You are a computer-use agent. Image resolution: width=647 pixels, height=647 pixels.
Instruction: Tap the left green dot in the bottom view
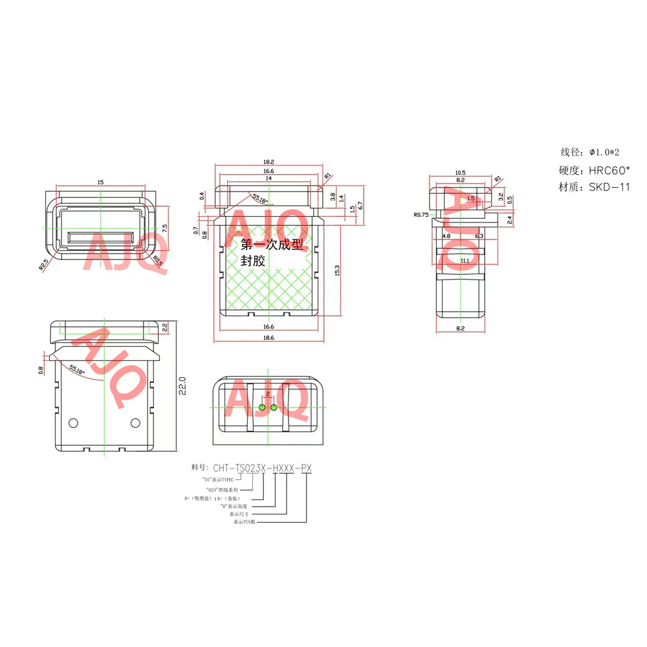[x=261, y=407]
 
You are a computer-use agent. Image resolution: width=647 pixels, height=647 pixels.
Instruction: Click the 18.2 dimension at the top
[x=269, y=162]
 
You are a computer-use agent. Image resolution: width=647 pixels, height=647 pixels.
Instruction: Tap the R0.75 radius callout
[x=421, y=214]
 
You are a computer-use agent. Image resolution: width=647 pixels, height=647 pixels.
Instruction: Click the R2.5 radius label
[x=44, y=265]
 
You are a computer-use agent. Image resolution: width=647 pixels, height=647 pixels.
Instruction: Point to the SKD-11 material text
[x=609, y=187]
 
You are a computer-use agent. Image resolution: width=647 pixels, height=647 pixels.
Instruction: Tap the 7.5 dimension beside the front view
[x=165, y=228]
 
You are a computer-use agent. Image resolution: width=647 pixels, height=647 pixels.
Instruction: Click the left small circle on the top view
[x=73, y=422]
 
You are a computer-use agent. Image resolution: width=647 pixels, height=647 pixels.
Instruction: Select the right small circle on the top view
[x=135, y=422]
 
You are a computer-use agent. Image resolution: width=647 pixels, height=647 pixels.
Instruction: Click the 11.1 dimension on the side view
[x=465, y=261]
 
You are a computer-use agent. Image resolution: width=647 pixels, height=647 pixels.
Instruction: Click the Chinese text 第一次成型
[x=271, y=245]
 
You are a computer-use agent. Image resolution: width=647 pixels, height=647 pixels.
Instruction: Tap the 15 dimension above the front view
[x=100, y=183]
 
